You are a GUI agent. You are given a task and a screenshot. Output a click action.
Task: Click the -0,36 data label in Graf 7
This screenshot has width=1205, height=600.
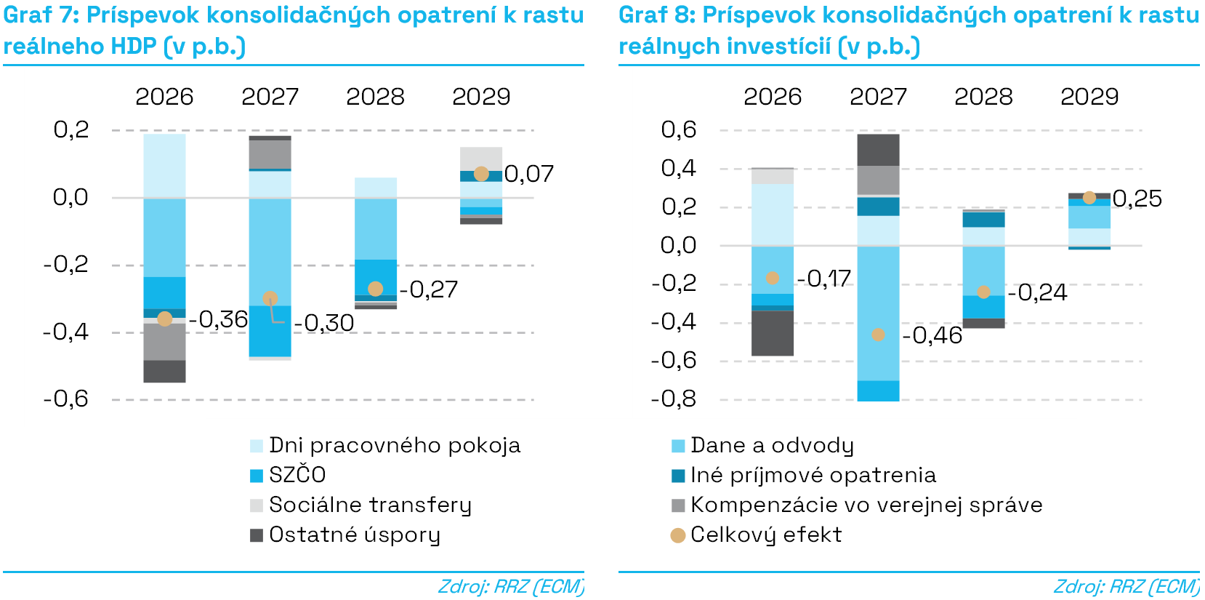pyautogui.click(x=218, y=319)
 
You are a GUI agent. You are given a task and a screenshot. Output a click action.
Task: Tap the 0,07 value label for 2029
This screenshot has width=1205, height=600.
pyautogui.click(x=529, y=174)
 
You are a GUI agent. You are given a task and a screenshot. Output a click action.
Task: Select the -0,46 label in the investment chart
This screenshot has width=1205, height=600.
pyautogui.click(x=932, y=335)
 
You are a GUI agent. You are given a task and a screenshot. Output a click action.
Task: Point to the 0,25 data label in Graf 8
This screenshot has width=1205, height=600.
pyautogui.click(x=1137, y=199)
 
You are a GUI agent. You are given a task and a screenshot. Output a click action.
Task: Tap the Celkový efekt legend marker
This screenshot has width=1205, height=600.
pyautogui.click(x=678, y=536)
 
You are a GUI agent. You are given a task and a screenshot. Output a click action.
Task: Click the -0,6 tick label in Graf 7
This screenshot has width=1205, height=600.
pyautogui.click(x=66, y=399)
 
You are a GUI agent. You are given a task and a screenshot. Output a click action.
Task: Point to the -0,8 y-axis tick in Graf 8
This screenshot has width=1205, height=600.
pyautogui.click(x=674, y=399)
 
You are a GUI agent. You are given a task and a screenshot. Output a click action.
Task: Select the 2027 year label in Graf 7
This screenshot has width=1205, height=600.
pyautogui.click(x=270, y=97)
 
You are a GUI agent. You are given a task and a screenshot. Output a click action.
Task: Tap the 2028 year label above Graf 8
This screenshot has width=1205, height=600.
pyautogui.click(x=983, y=97)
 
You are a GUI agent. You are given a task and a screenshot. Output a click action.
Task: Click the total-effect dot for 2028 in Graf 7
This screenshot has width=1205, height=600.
pyautogui.click(x=376, y=289)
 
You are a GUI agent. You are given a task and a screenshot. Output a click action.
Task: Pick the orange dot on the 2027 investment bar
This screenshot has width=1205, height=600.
pyautogui.click(x=878, y=335)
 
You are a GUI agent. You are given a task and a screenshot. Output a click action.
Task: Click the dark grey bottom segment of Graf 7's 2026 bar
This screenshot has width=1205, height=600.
pyautogui.click(x=164, y=371)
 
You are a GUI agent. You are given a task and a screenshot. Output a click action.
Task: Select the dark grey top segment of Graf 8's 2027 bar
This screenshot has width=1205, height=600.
pyautogui.click(x=878, y=150)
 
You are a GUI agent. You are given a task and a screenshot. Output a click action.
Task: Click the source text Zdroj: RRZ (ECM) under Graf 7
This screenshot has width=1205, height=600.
pyautogui.click(x=510, y=586)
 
